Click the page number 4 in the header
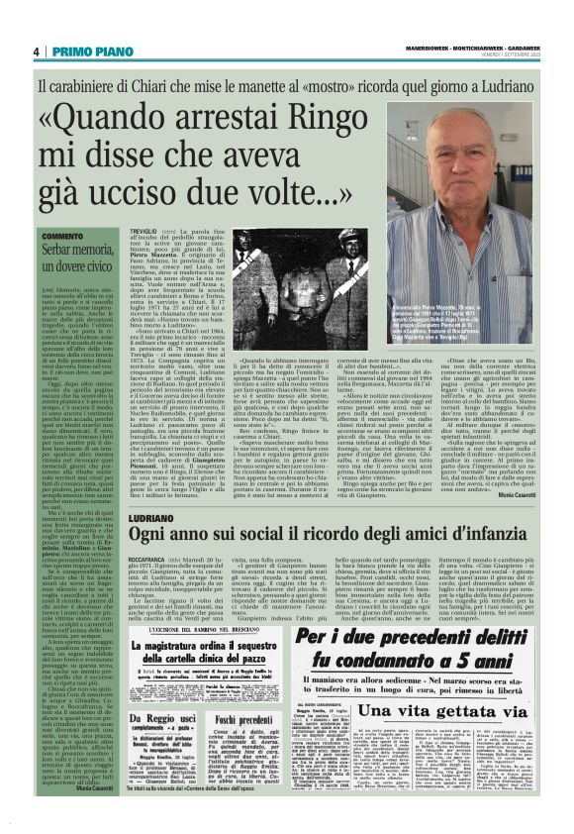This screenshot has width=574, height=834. pos(36,52)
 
